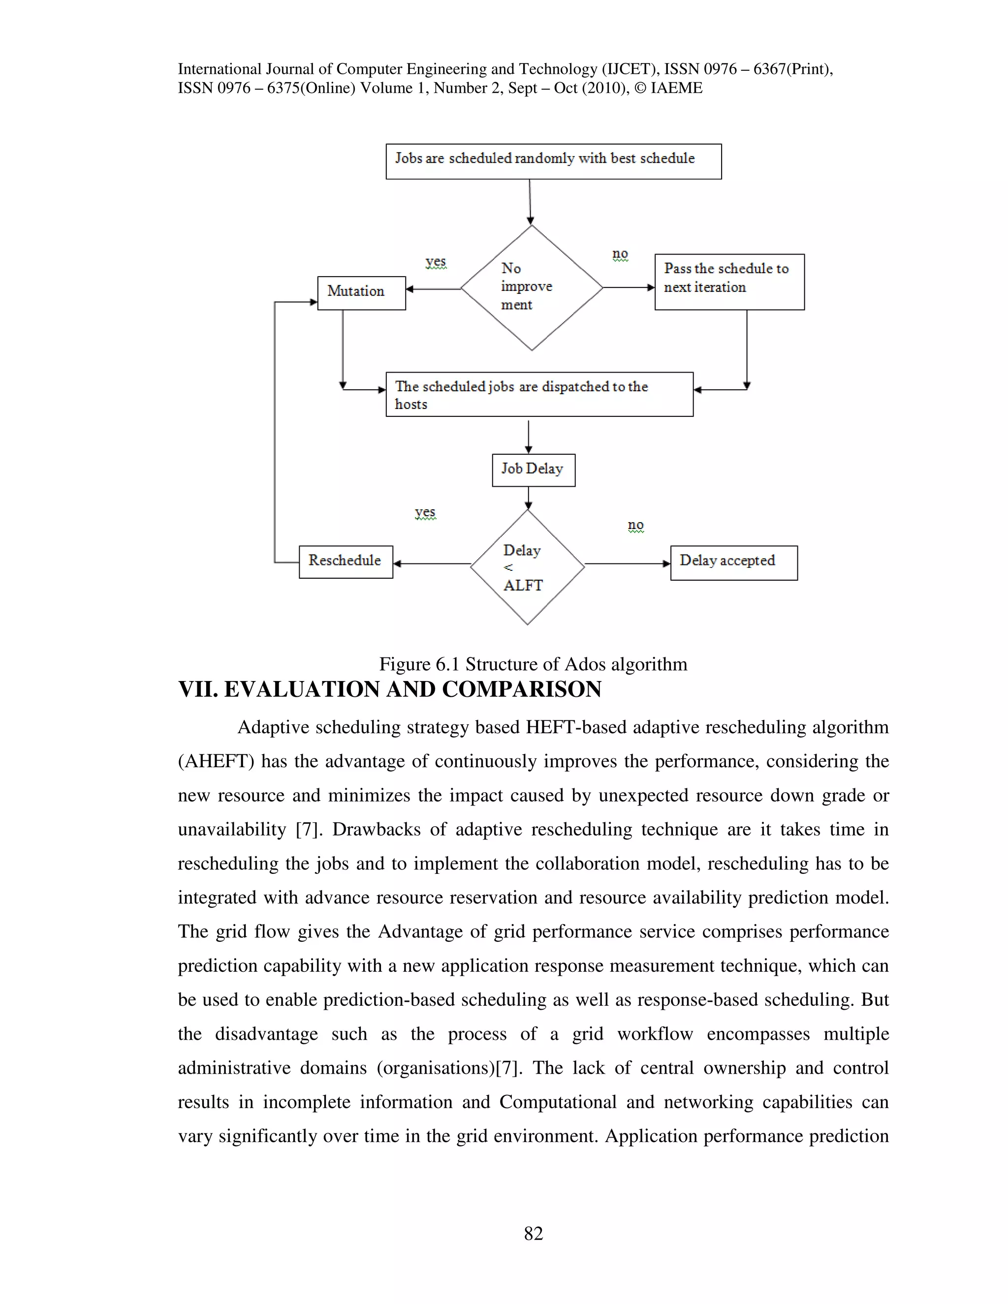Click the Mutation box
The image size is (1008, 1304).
[361, 293]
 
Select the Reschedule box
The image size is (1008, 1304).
[346, 562]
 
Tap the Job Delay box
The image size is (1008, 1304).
[533, 470]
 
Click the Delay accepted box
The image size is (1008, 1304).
[733, 562]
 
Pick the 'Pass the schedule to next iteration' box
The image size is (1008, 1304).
[729, 282]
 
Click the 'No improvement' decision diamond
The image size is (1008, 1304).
[531, 287]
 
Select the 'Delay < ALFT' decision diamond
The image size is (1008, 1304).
[527, 567]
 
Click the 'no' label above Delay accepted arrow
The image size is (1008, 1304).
[635, 525]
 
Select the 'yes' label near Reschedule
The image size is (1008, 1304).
[425, 512]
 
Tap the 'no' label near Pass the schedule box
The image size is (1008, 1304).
[620, 254]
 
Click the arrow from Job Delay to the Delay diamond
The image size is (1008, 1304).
[529, 498]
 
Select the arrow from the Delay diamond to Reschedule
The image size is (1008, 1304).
[431, 563]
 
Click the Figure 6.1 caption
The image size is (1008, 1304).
[533, 664]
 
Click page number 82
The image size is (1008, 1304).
[533, 1234]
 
